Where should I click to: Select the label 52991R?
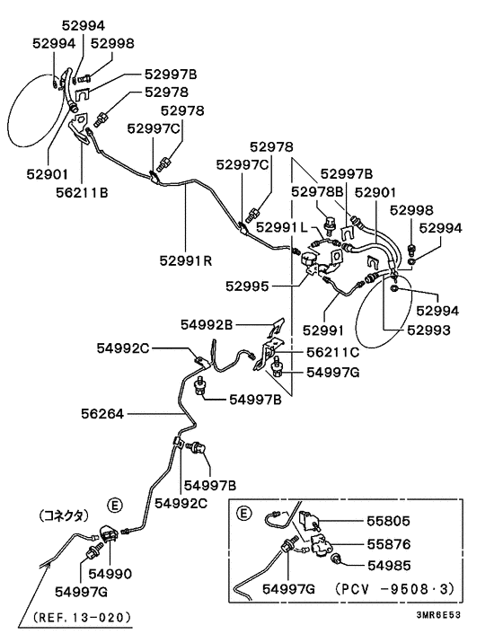click(186, 262)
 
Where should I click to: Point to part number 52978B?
click(317, 192)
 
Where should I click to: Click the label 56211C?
click(332, 353)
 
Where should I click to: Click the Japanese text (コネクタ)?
click(63, 515)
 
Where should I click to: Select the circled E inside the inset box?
click(243, 514)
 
